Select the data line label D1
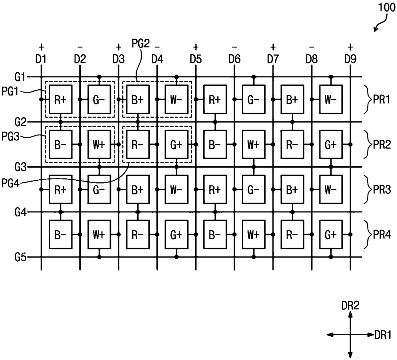(x=41, y=59)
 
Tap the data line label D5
(x=196, y=59)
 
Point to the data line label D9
(x=350, y=59)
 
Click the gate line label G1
(x=20, y=77)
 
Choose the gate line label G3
(x=20, y=167)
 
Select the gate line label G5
(x=20, y=257)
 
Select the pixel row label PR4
(x=382, y=235)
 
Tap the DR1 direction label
(x=383, y=335)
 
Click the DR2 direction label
(x=350, y=305)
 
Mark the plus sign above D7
(x=273, y=47)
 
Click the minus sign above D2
(x=80, y=47)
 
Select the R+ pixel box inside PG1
(x=61, y=99)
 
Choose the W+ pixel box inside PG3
(x=99, y=144)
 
